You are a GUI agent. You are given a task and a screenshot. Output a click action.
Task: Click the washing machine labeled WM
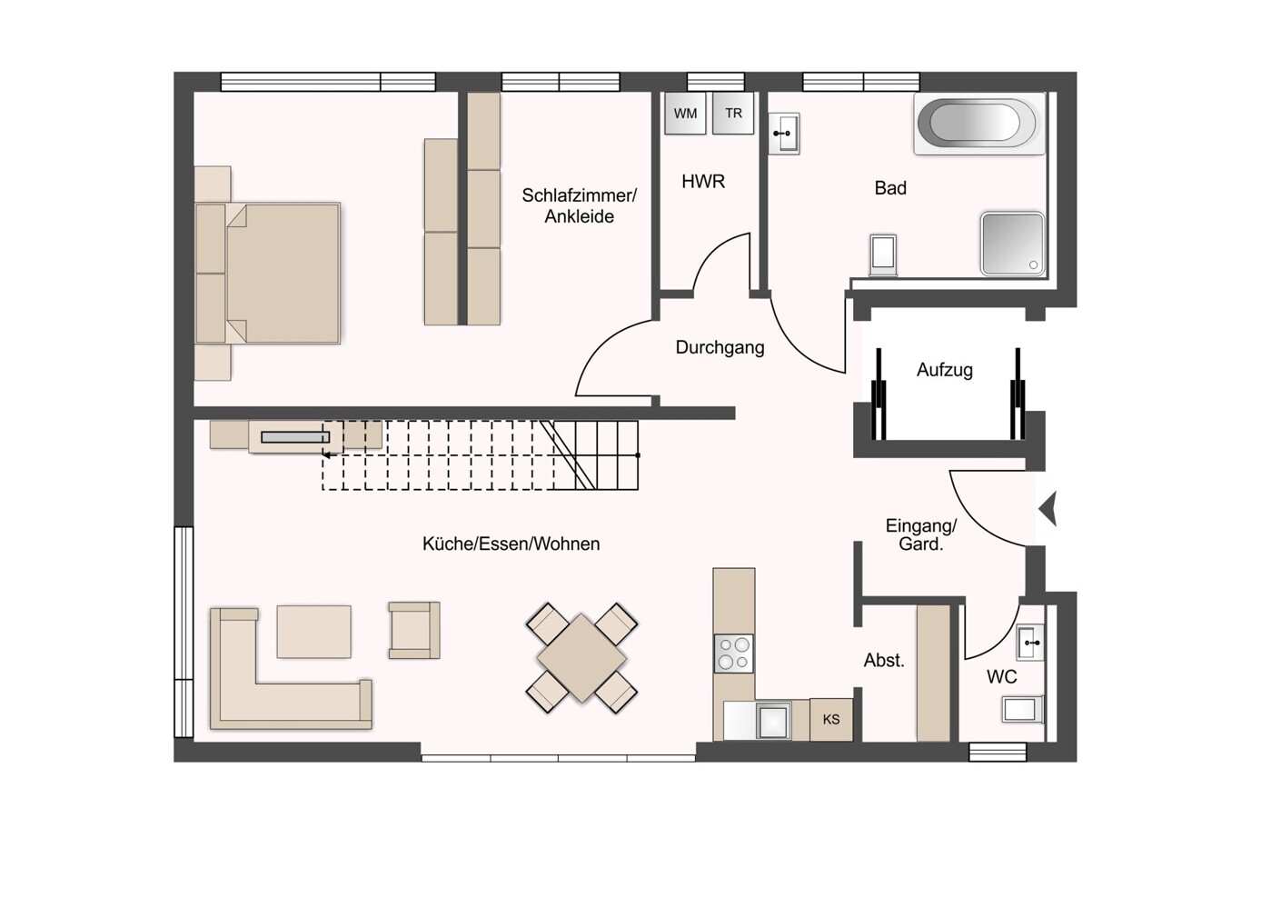(685, 113)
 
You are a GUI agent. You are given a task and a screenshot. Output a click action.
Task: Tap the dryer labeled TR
(733, 113)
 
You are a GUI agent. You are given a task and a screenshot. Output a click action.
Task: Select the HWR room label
(703, 182)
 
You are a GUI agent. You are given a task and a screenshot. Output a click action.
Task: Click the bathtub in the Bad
(979, 124)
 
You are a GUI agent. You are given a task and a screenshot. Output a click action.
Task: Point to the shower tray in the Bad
(1013, 244)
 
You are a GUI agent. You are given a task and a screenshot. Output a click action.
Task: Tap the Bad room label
(890, 188)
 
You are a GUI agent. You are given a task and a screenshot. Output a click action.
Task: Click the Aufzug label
(945, 370)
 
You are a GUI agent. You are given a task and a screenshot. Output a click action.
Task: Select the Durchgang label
(720, 347)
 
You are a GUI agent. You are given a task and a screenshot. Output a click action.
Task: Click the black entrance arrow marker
(1048, 509)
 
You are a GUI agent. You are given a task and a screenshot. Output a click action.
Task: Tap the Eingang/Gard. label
(921, 534)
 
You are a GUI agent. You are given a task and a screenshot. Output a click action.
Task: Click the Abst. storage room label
(884, 660)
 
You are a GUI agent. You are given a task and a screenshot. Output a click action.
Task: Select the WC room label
(1001, 676)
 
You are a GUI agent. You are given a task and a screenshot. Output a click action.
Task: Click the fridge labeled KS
(831, 720)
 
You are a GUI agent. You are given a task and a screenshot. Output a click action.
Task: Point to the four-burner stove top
(734, 654)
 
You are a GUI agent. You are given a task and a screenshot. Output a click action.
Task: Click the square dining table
(581, 658)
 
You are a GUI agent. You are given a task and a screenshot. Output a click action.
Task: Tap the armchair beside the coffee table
(414, 630)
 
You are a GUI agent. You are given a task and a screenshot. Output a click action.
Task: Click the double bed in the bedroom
(268, 273)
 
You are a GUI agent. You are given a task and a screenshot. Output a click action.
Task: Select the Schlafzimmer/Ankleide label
(580, 206)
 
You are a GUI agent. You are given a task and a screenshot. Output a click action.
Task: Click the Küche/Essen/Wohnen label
(511, 544)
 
